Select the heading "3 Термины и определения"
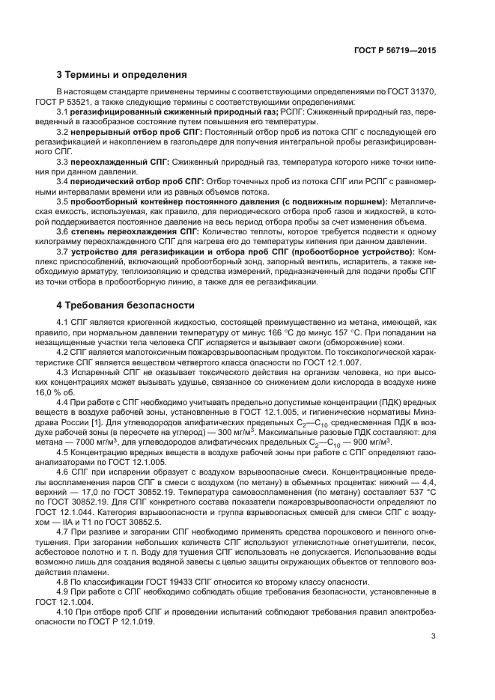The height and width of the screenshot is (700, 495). (116, 74)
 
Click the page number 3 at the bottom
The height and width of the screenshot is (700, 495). (434, 636)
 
